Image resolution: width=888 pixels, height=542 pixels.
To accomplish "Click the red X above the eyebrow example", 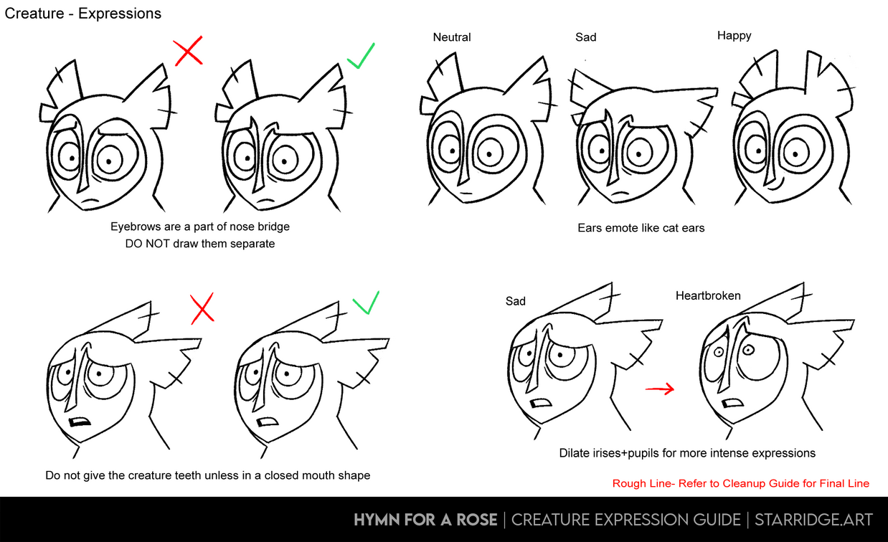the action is (x=189, y=51).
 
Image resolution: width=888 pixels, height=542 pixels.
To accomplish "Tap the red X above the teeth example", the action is (x=202, y=308).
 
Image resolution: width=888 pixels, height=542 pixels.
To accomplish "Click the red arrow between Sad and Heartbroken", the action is (x=660, y=389).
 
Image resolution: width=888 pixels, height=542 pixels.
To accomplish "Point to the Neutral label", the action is (x=452, y=37).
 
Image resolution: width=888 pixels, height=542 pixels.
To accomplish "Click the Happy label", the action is (x=734, y=36).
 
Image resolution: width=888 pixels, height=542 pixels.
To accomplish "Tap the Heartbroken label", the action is (x=708, y=295).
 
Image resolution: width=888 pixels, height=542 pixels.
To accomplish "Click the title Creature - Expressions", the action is (x=83, y=14).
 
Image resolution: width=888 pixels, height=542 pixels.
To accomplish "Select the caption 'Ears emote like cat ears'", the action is (x=641, y=228).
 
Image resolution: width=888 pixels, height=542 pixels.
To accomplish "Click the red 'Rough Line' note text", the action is (x=740, y=483).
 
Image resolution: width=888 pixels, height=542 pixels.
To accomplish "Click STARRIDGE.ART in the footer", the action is (x=813, y=520).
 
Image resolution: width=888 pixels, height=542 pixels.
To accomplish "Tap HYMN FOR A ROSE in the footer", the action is (x=425, y=520).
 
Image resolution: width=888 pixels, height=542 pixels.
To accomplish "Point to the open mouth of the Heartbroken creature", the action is (x=732, y=404).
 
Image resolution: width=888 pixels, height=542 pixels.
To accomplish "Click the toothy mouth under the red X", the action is (x=80, y=422).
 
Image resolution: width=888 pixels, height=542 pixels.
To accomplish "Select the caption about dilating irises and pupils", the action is (x=687, y=453).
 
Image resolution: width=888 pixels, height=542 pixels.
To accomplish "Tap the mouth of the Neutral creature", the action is (x=466, y=193).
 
